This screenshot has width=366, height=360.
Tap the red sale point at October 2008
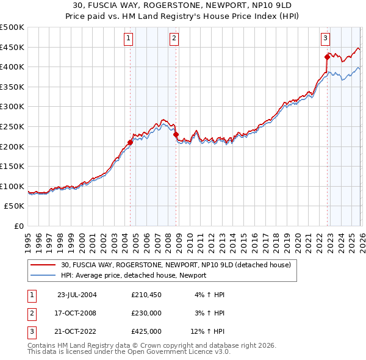tap(176, 134)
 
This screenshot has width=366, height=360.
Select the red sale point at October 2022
tap(327, 57)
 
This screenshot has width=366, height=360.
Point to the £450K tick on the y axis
tap(12, 47)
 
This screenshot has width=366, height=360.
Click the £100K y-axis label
tap(12, 186)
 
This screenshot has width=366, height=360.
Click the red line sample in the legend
tap(43, 265)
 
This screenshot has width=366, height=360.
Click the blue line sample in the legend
tap(43, 275)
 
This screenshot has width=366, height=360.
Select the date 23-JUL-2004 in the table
tap(77, 295)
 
